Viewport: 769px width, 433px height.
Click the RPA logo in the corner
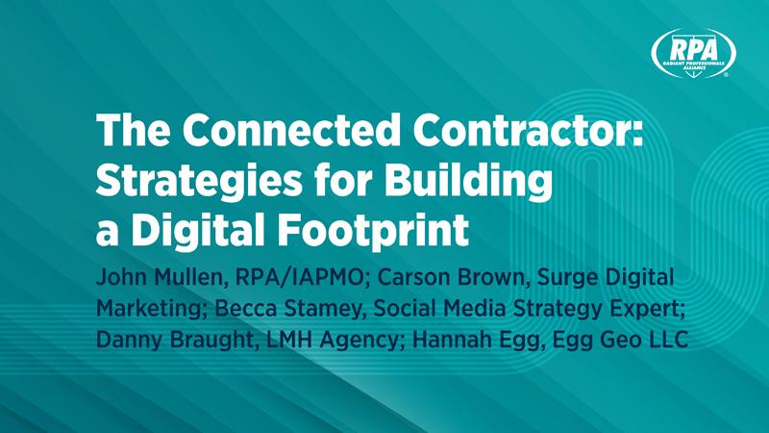tap(693, 53)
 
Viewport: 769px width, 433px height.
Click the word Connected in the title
tap(291, 130)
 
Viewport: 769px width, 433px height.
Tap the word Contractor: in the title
tap(528, 130)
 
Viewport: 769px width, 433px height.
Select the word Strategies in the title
tap(199, 181)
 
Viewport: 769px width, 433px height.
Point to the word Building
tap(468, 181)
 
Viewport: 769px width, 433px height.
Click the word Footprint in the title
tap(373, 230)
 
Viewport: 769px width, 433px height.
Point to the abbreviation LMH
tap(289, 340)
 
